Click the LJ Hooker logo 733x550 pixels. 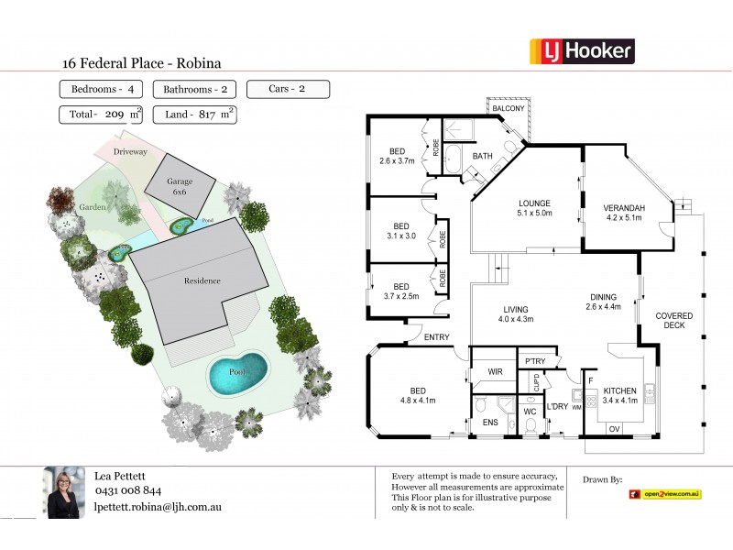(x=582, y=50)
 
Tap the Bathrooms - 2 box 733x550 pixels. (x=193, y=89)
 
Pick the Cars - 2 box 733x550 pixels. (x=288, y=89)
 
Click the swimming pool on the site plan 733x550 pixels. (x=237, y=373)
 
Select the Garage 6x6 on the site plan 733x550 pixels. (x=180, y=187)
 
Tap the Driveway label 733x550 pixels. (x=130, y=151)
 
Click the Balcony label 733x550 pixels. (x=509, y=109)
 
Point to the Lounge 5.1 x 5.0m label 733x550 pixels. (x=534, y=208)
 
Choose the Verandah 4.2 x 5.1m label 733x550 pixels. (x=626, y=213)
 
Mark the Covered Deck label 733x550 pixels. (x=673, y=320)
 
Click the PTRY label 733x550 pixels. (x=535, y=361)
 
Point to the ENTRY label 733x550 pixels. (x=436, y=337)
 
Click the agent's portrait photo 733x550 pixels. (x=65, y=492)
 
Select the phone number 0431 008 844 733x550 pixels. (x=128, y=490)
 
